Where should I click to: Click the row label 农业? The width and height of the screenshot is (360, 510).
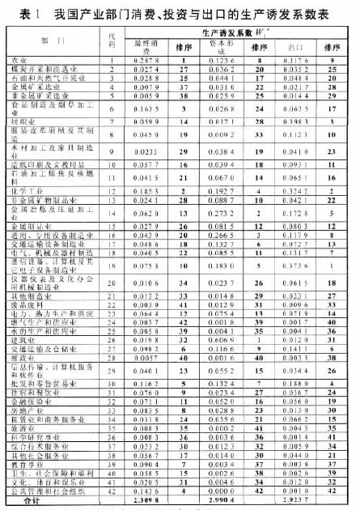[19, 60]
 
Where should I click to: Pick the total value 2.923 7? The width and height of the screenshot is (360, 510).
[296, 501]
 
